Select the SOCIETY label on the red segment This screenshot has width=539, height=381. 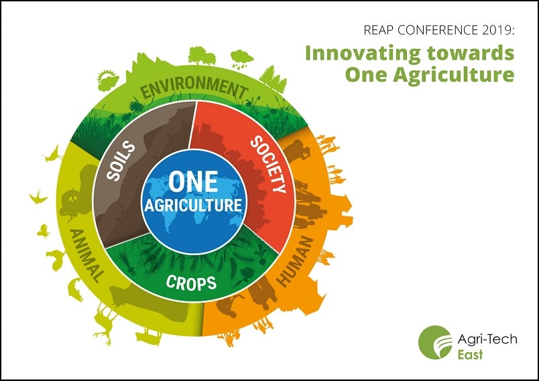268,164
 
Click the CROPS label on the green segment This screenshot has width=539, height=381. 192,283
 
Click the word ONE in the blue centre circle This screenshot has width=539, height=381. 193,181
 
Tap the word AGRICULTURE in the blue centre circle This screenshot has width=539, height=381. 193,204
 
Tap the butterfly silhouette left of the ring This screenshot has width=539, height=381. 44,230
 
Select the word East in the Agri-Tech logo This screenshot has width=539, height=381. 469,354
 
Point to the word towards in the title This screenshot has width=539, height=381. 477,53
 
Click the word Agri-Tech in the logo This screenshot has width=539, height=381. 487,339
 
